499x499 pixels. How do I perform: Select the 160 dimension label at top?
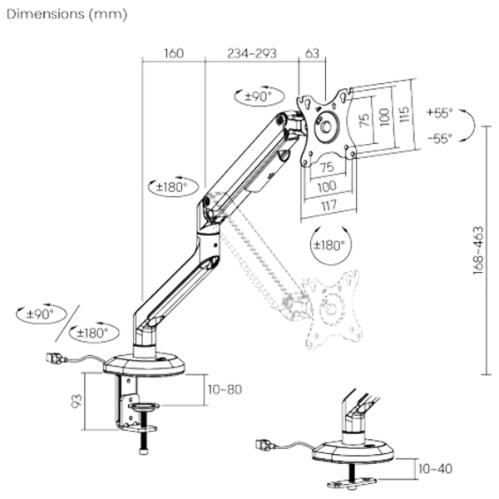click(x=173, y=54)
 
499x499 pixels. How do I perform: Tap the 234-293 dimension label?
click(x=251, y=54)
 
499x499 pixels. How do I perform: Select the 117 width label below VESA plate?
click(x=328, y=202)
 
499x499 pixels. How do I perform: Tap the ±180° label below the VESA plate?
click(x=326, y=246)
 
